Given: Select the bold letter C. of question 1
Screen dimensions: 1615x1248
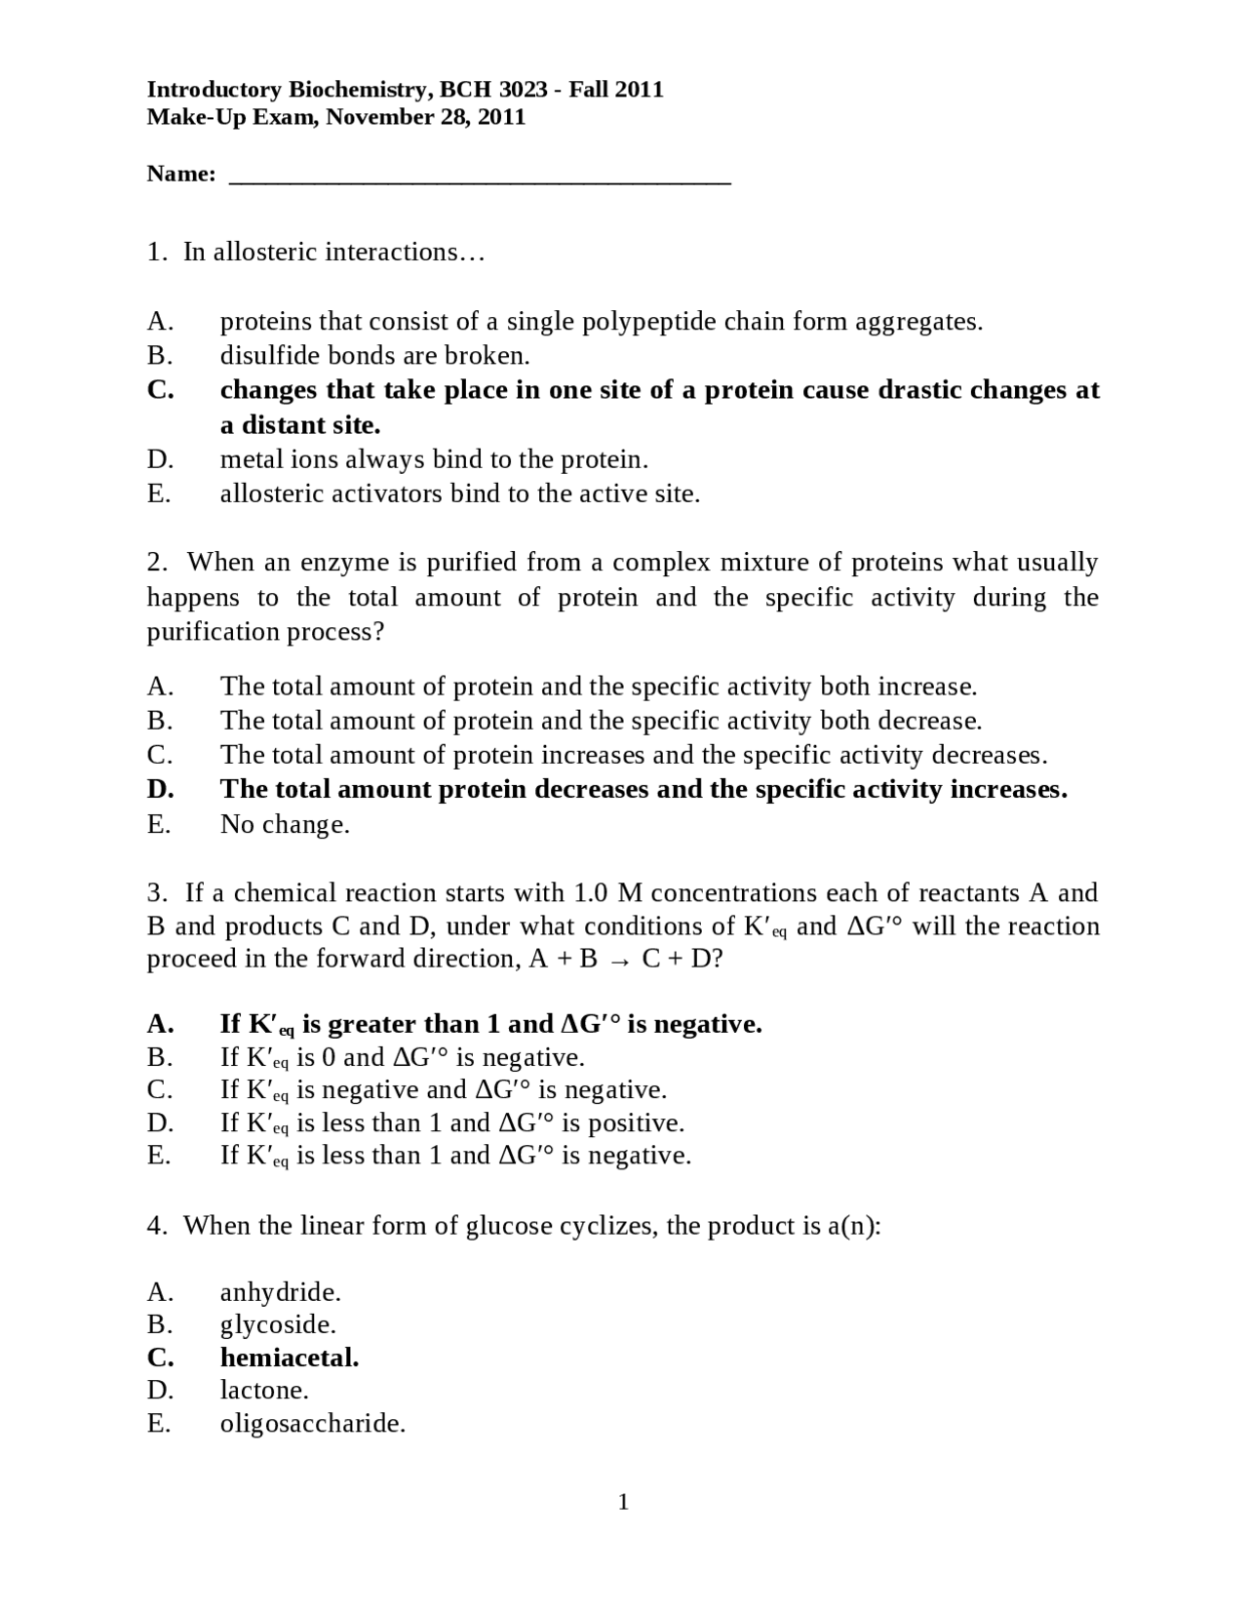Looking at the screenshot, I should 161,390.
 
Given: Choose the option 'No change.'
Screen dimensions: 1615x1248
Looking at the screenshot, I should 285,825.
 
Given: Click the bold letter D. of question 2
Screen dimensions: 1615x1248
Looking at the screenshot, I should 161,789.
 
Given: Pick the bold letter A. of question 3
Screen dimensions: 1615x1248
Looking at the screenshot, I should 161,1024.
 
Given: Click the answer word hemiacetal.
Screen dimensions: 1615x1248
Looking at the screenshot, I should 290,1358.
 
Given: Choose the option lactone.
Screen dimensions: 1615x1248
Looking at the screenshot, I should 264,1391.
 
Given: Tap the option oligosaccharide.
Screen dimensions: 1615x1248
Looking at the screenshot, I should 312,1424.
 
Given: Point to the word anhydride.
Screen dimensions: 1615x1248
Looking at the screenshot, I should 280,1293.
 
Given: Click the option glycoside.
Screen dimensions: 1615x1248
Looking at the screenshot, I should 278,1325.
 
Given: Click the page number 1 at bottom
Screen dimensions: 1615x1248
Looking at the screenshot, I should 624,1503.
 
